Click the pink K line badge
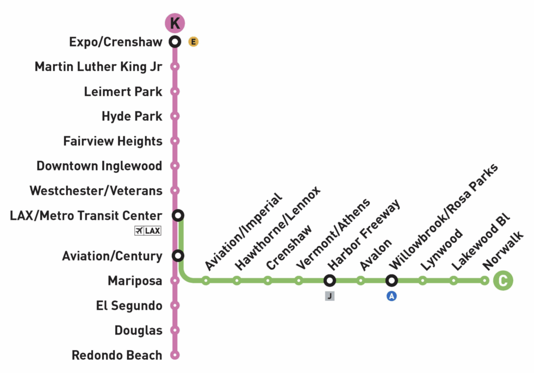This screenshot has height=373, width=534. pyautogui.click(x=175, y=23)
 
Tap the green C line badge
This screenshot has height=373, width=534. pyautogui.click(x=503, y=280)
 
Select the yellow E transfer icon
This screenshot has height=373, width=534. pyautogui.click(x=193, y=42)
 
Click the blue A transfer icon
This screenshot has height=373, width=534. pyautogui.click(x=392, y=296)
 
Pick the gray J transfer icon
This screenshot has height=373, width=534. pyautogui.click(x=330, y=296)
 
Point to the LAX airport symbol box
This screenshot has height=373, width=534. pyautogui.click(x=148, y=231)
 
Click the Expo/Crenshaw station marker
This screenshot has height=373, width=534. pyautogui.click(x=175, y=42)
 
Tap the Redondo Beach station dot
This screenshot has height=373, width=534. pyautogui.click(x=175, y=355)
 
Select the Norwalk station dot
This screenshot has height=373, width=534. pyautogui.click(x=484, y=281)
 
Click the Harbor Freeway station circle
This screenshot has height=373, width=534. pyautogui.click(x=330, y=281)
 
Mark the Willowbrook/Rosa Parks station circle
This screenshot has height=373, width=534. pyautogui.click(x=392, y=281)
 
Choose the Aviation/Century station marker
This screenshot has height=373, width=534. pyautogui.click(x=178, y=256)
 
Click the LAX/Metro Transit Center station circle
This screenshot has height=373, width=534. pyautogui.click(x=178, y=215)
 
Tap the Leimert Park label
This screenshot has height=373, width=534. pyautogui.click(x=123, y=92)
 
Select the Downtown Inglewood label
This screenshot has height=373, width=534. pyautogui.click(x=100, y=166)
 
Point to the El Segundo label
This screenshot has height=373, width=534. pyautogui.click(x=129, y=306)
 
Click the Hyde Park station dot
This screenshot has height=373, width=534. pyautogui.click(x=175, y=116)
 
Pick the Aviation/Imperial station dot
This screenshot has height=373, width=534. pyautogui.click(x=205, y=281)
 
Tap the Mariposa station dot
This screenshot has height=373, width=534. pyautogui.click(x=175, y=281)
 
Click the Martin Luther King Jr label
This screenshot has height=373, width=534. pyautogui.click(x=99, y=67)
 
